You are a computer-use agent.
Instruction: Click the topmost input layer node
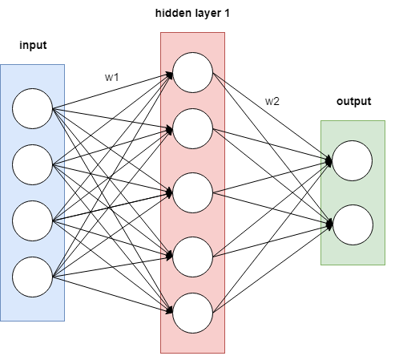tap(32, 108)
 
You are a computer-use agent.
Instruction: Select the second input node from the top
tap(32, 164)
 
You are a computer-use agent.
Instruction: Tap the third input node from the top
tap(32, 220)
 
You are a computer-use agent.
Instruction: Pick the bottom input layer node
tap(32, 277)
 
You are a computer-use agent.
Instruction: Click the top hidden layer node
tap(192, 72)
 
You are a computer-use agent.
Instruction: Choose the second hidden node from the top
tap(192, 128)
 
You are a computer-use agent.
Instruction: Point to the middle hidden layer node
tap(192, 192)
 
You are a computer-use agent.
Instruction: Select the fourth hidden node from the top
tap(192, 257)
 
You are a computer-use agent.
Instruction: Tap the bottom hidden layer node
tap(192, 313)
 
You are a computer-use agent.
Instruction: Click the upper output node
tap(353, 160)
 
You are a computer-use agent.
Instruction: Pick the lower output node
tap(353, 224)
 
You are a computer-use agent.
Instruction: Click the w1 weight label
tap(111, 77)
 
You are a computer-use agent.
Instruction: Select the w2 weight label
tap(272, 101)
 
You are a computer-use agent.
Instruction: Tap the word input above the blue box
tap(33, 45)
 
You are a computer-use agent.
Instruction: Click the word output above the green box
tap(354, 101)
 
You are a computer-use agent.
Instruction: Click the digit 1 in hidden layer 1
tap(227, 13)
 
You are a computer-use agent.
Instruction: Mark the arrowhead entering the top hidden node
tap(170, 75)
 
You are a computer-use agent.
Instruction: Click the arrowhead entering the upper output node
tap(329, 161)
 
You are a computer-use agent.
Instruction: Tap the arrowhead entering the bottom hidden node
tap(170, 310)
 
